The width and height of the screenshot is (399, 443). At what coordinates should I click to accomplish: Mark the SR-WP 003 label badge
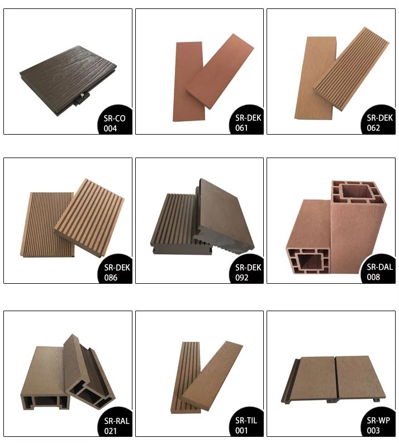(378, 425)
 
